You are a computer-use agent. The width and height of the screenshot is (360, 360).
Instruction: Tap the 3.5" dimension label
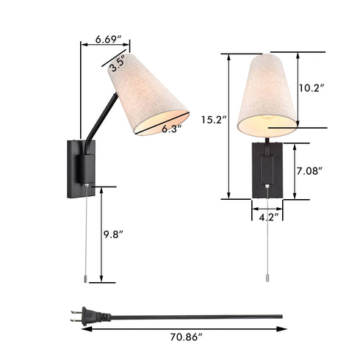(116, 64)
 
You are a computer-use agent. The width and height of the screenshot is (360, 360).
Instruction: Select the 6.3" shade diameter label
(170, 129)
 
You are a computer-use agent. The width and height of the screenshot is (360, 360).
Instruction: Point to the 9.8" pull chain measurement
(114, 235)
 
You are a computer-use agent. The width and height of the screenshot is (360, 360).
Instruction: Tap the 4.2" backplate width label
(266, 217)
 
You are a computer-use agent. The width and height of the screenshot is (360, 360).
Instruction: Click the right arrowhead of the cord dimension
(284, 329)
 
